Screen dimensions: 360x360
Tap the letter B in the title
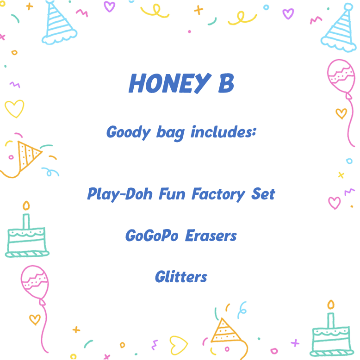[x=224, y=84]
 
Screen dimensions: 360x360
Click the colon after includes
[x=254, y=133]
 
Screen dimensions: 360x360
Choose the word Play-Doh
[x=120, y=194]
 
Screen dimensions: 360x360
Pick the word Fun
[x=173, y=193]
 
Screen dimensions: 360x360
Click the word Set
[x=263, y=193]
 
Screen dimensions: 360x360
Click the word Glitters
[x=181, y=277]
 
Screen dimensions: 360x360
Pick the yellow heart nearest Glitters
[x=178, y=344]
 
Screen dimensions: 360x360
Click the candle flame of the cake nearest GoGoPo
[x=26, y=205]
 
